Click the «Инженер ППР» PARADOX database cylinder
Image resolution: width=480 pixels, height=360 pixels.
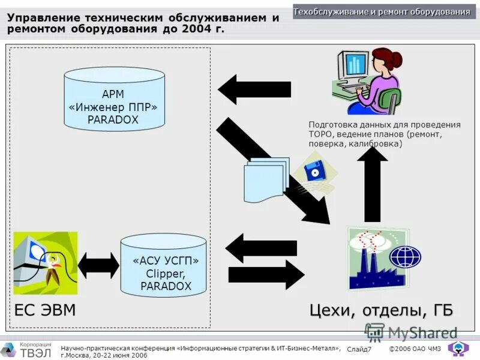pyautogui.click(x=114, y=99)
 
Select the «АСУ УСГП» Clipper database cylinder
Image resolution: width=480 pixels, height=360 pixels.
pyautogui.click(x=163, y=265)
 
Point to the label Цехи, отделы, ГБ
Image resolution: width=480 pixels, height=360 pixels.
pyautogui.click(x=381, y=311)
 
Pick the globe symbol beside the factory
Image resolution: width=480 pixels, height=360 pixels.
pyautogui.click(x=406, y=257)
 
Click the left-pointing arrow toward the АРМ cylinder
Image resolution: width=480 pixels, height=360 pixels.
pyautogui.click(x=245, y=89)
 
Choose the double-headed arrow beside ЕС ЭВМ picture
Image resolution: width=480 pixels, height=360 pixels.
pyautogui.click(x=98, y=265)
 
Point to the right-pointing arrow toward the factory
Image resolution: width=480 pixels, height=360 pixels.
pyautogui.click(x=262, y=274)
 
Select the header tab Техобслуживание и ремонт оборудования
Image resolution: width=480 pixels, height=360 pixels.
pyautogui.click(x=382, y=12)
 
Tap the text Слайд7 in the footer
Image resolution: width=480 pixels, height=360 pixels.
pyautogui.click(x=359, y=349)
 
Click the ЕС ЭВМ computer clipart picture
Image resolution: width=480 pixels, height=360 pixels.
pyautogui.click(x=45, y=263)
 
